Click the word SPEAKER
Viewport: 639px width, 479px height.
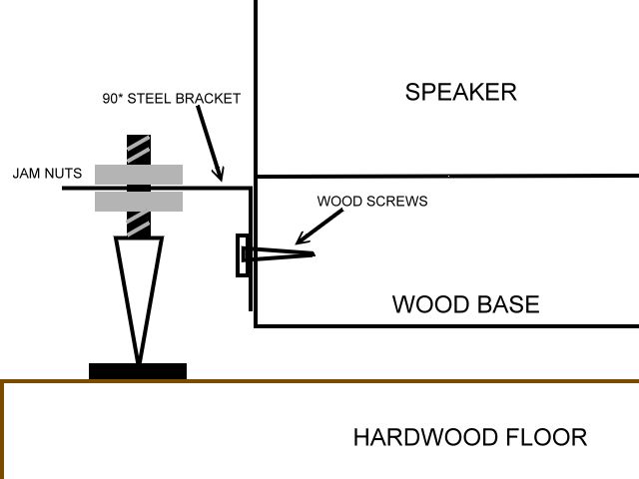point(460,93)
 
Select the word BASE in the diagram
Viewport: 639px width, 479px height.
point(507,304)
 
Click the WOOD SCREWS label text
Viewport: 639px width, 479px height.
point(371,201)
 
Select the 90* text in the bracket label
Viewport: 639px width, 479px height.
point(114,100)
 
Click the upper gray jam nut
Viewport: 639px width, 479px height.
point(139,175)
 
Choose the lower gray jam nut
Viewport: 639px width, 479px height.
point(139,202)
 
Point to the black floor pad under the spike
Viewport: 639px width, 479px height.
point(138,371)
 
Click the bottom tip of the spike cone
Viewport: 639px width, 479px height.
point(139,361)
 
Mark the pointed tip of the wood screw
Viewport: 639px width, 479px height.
point(315,254)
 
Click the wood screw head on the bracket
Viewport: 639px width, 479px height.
point(241,255)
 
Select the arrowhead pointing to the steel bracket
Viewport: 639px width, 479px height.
point(223,177)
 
